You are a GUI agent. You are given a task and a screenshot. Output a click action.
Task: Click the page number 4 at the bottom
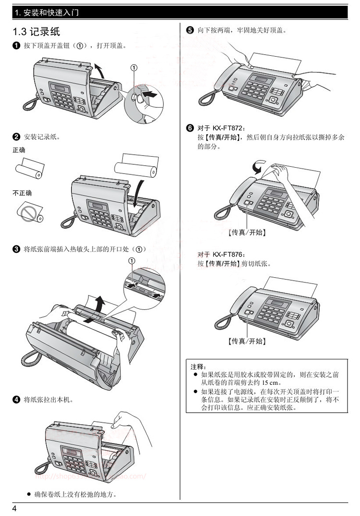15,509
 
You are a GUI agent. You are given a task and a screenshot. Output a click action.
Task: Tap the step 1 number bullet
16,46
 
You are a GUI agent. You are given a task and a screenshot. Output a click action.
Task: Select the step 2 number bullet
16,137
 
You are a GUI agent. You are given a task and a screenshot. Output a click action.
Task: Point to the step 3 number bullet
16,249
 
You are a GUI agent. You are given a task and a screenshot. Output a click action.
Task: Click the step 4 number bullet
16,399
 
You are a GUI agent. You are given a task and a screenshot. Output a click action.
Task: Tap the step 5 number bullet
190,31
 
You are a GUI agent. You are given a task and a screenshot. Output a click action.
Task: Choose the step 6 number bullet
190,128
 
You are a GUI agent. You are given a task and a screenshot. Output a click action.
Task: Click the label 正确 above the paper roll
19,150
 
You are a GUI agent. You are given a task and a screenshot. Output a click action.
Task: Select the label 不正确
22,193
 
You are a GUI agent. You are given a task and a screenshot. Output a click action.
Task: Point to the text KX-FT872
228,129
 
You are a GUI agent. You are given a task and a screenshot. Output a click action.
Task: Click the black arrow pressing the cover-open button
149,96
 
